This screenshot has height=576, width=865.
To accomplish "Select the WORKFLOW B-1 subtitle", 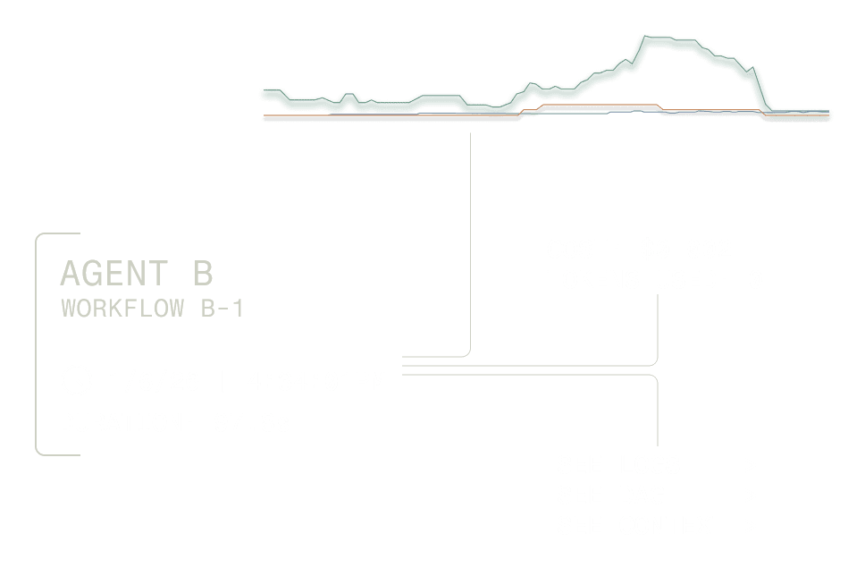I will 152,309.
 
